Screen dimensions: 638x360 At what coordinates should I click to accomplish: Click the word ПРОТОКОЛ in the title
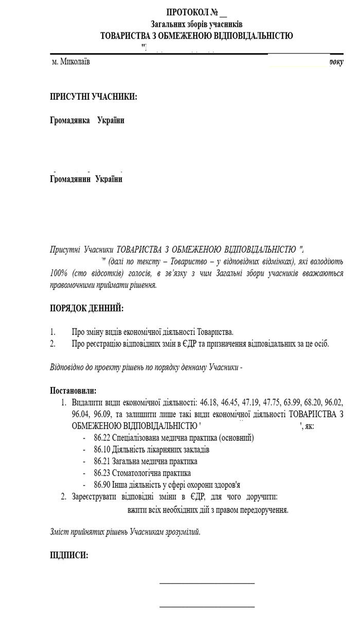tap(185, 12)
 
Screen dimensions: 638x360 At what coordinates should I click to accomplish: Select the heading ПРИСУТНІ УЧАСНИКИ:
tap(94, 96)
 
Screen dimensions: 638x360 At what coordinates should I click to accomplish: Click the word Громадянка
tap(69, 120)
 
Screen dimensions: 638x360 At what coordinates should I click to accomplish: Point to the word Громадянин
tap(70, 179)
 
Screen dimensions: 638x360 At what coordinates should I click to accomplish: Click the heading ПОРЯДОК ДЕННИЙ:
tap(87, 308)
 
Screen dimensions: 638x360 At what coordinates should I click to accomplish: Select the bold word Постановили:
tap(73, 391)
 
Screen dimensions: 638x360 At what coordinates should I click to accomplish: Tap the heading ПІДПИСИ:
tap(68, 555)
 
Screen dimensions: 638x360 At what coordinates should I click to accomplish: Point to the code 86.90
tap(102, 485)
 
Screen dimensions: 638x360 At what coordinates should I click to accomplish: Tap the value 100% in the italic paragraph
tap(59, 273)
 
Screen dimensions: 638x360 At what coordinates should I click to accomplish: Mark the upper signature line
tap(207, 583)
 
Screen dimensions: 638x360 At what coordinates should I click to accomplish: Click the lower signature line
tap(207, 607)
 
